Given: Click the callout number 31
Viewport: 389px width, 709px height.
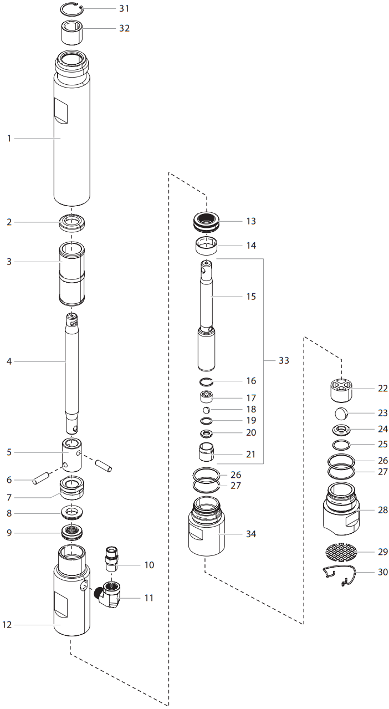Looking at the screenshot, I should (x=124, y=9).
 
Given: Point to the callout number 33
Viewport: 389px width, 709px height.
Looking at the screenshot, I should (x=284, y=361).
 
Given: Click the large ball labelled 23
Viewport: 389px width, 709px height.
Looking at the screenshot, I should (x=341, y=414).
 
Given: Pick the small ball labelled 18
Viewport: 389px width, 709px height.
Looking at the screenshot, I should (x=206, y=410).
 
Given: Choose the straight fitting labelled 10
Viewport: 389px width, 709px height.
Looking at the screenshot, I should (x=112, y=559).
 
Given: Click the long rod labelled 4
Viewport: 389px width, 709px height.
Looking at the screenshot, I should (x=71, y=366).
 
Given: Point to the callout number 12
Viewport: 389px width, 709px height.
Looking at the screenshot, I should (x=7, y=625).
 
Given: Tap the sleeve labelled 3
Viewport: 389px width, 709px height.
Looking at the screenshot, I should (x=71, y=274).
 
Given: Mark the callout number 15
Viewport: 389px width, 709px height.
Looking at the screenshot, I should (x=251, y=297).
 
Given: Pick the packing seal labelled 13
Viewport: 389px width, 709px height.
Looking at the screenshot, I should (x=207, y=222).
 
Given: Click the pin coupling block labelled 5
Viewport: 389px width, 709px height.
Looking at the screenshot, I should (x=71, y=455).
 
